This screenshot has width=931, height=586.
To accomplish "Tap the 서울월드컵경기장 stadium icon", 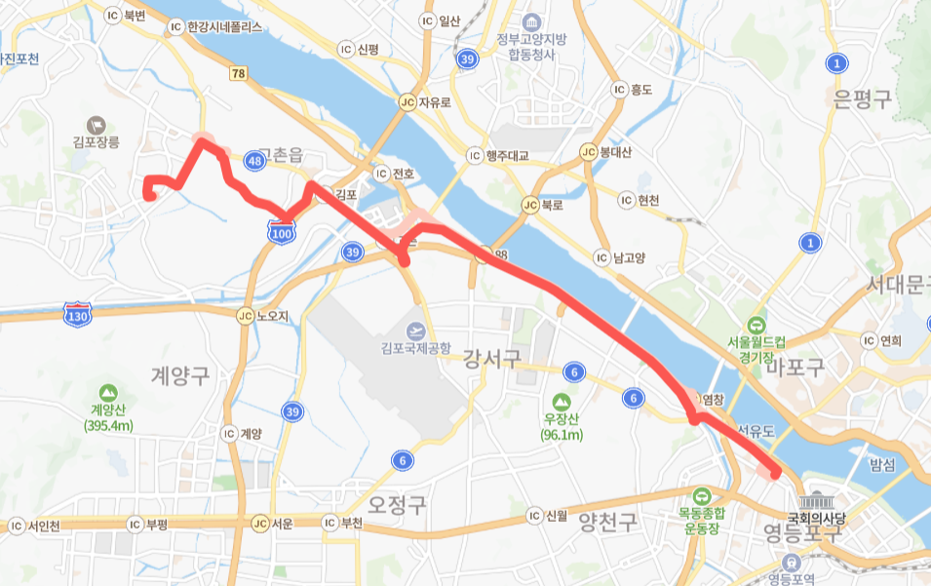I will [x=756, y=326].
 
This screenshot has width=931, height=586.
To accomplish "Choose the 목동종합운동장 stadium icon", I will [x=702, y=494].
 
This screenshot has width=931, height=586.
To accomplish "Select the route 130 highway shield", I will [x=77, y=315].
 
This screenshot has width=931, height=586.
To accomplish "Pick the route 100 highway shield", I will [x=282, y=232].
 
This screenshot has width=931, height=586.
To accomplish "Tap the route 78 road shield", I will [x=239, y=73].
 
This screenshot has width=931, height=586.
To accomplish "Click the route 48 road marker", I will [x=255, y=160].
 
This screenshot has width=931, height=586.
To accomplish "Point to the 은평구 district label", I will [x=863, y=98].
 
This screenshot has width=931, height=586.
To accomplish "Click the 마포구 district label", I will [x=795, y=368].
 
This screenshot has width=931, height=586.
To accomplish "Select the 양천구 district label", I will [x=607, y=521].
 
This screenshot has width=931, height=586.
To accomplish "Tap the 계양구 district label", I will [x=180, y=373].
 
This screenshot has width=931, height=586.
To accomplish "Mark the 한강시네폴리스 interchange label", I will [x=224, y=28].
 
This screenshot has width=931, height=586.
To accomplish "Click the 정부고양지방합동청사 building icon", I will [x=532, y=21].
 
